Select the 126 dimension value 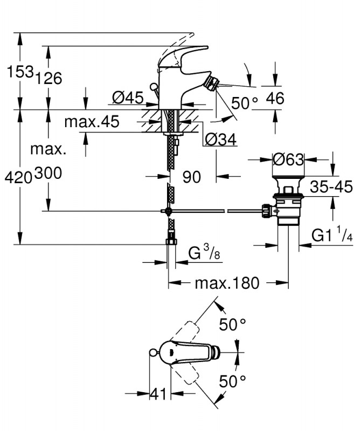[x=49, y=78]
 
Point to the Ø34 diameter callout [x=221, y=139]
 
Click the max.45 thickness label [x=92, y=122]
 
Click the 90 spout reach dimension [x=191, y=176]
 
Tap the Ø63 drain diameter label [x=288, y=159]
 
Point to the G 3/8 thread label [x=202, y=253]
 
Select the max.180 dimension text [x=227, y=282]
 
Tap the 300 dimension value [x=49, y=173]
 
